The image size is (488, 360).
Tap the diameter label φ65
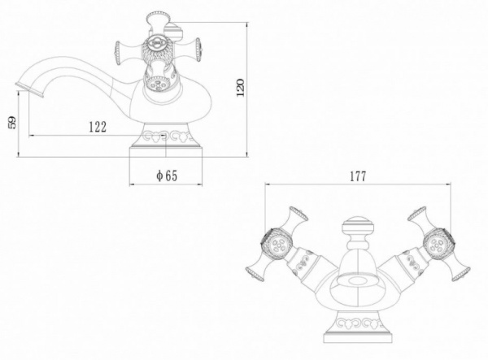(x=166, y=176)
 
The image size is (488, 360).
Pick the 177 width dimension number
(x=357, y=176)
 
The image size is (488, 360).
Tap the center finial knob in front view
(x=357, y=227)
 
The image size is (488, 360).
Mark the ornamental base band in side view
(x=166, y=137)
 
